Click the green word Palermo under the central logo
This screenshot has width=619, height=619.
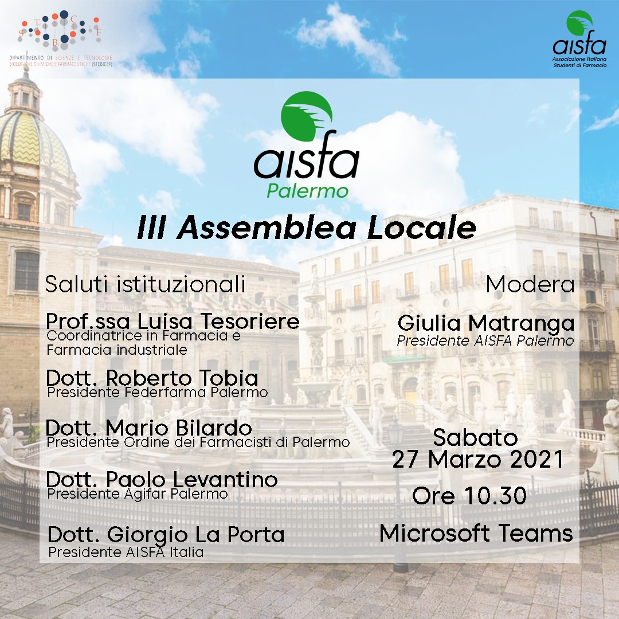[x=308, y=191]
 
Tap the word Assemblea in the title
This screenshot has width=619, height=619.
[x=267, y=228]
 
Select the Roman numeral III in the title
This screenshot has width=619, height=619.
[x=151, y=228]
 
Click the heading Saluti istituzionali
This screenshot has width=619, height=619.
[x=145, y=284]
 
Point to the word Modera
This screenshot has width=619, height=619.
[x=530, y=284]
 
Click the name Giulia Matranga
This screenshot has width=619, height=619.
[x=486, y=323]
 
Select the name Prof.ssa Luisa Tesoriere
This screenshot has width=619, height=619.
[x=173, y=321]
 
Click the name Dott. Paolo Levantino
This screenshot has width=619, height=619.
[x=162, y=479]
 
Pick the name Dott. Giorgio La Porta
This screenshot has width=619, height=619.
[x=166, y=535]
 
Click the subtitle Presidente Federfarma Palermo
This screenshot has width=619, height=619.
[x=158, y=393]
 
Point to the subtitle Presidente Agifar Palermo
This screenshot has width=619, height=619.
[x=138, y=494]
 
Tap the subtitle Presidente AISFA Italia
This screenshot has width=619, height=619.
[x=126, y=552]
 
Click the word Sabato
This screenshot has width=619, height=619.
[x=475, y=437]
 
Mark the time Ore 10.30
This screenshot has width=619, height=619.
[x=469, y=495]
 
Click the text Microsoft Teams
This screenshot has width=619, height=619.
[x=476, y=533]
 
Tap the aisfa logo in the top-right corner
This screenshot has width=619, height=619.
[x=579, y=39]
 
